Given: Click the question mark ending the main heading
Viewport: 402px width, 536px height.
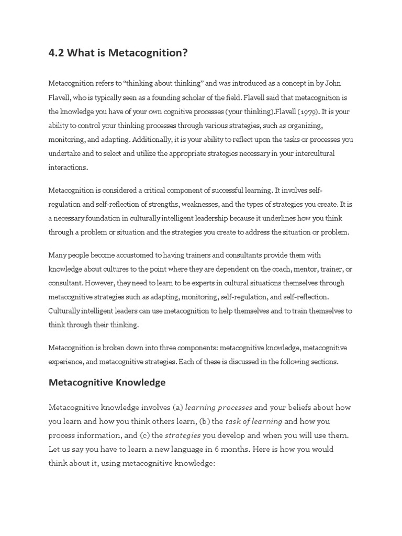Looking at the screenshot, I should click(184, 53).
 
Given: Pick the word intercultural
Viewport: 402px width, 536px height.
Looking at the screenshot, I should click(310, 154).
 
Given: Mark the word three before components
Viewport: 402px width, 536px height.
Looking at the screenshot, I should click(181, 348).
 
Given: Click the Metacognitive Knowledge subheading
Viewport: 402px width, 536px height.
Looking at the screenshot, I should click(107, 382).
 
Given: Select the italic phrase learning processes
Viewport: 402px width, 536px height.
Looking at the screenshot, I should click(219, 407).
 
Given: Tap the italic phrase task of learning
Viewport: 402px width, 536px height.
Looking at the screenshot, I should click(253, 421).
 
